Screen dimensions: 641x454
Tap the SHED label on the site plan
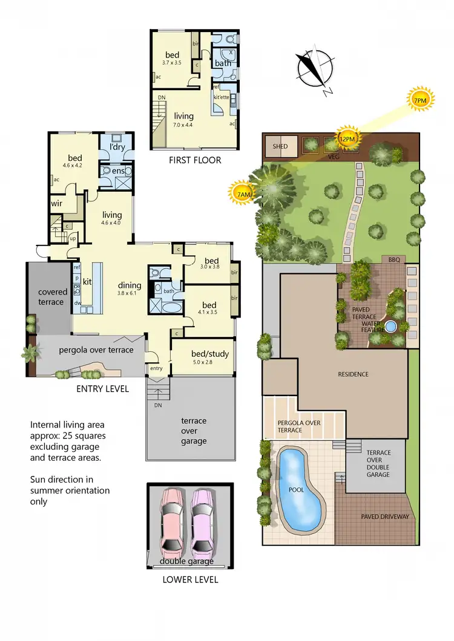280,146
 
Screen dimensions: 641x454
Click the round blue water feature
391,327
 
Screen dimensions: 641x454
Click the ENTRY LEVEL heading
102,389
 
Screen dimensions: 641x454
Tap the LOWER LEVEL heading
190,580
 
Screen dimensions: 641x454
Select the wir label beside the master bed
58,204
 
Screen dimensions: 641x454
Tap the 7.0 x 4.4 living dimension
184,125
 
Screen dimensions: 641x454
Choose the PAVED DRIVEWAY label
385,516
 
